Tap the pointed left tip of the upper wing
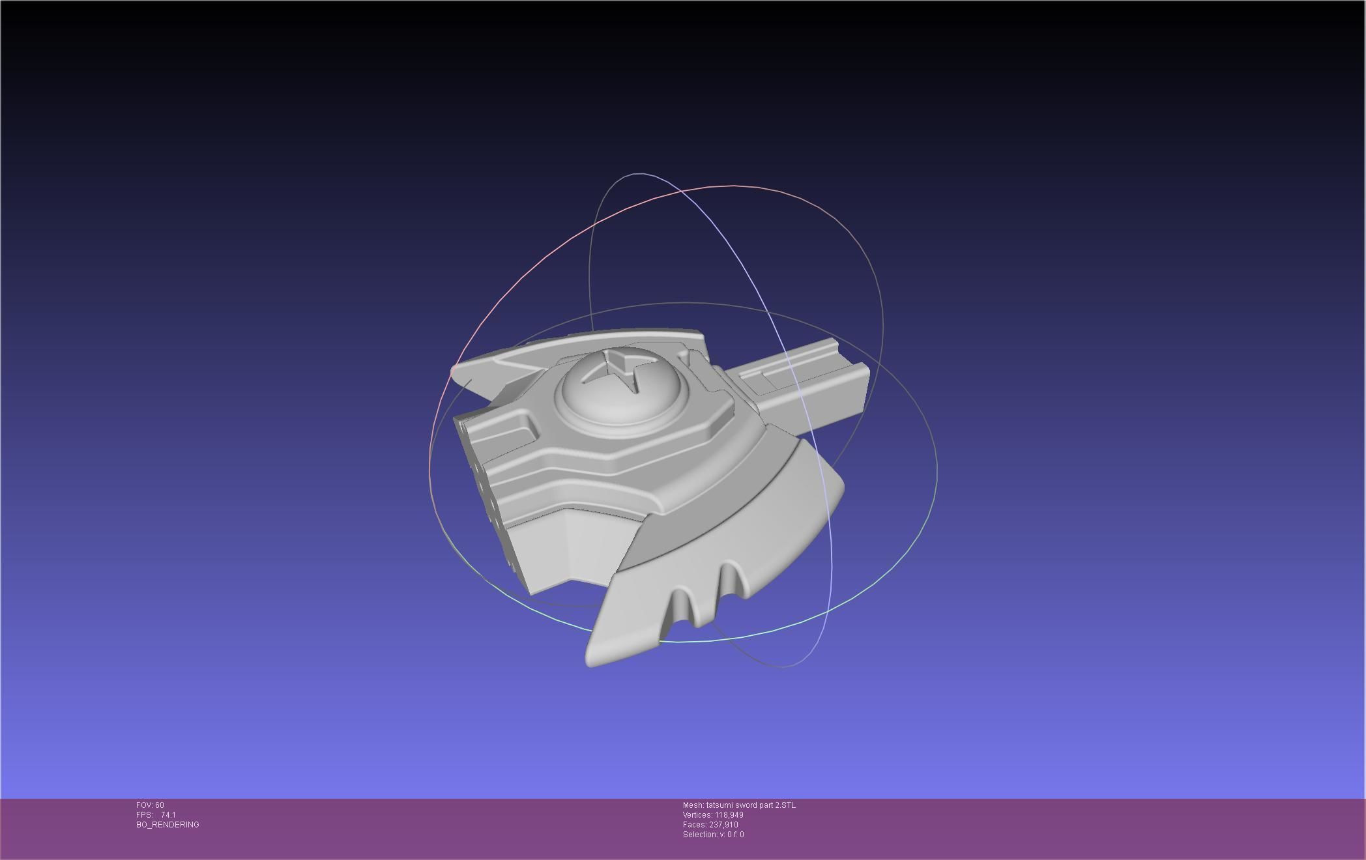[456, 373]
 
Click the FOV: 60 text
[150, 805]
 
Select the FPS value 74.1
[168, 815]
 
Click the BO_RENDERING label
[167, 825]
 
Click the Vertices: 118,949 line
[713, 815]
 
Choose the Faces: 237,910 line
[710, 825]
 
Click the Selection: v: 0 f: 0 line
[713, 835]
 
